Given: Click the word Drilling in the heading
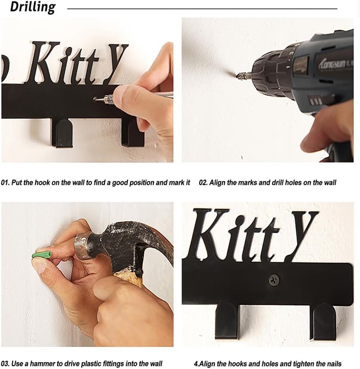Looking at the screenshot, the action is tap(33, 7).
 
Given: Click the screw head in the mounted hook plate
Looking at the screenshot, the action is tap(274, 280).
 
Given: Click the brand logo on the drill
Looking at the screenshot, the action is tap(335, 63).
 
